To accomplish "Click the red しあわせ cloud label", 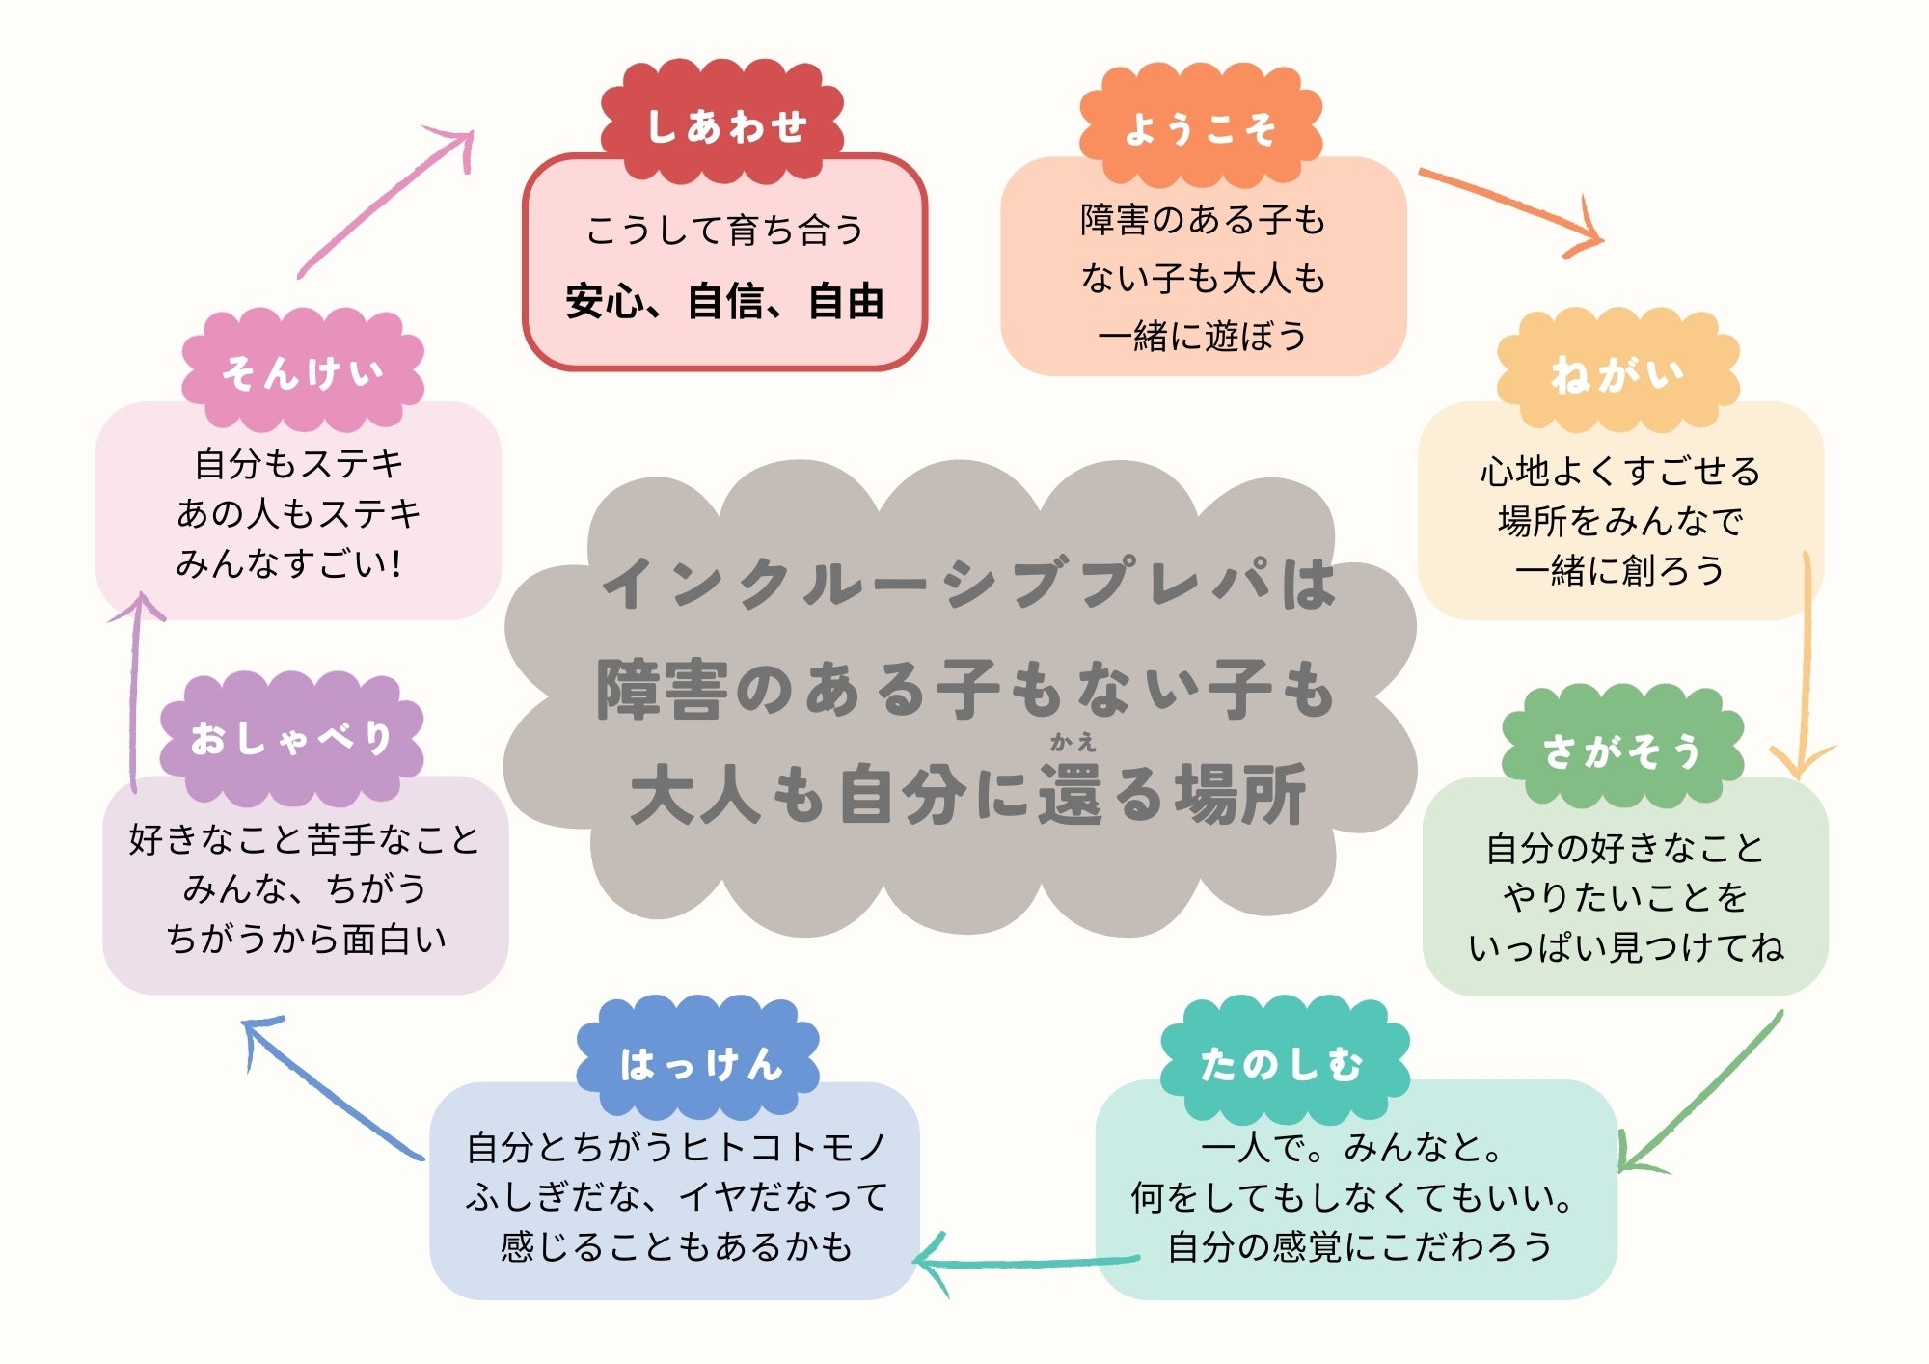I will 723,125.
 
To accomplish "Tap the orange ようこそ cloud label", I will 1200,128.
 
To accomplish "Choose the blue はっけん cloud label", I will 699,1063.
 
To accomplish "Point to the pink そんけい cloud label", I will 303,371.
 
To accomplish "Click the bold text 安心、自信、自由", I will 724,302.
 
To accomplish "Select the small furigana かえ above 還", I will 1073,742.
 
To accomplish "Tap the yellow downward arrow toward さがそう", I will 1805,666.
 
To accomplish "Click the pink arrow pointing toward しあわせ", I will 386,203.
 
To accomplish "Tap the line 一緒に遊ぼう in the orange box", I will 1202,336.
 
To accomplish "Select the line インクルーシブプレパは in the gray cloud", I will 968,584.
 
